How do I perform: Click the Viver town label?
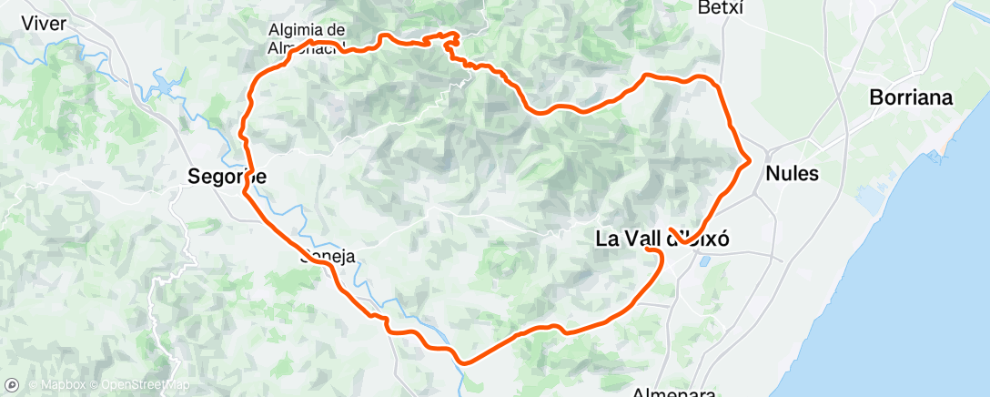tap(42, 24)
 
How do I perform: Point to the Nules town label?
tap(793, 173)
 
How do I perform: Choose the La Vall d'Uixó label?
tap(662, 239)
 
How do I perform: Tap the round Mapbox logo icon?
tap(12, 384)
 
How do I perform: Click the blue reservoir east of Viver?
tap(167, 86)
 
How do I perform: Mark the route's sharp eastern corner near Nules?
tap(749, 162)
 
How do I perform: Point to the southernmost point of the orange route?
tap(464, 362)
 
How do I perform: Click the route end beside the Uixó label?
tap(672, 229)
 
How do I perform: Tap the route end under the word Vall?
tap(647, 249)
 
